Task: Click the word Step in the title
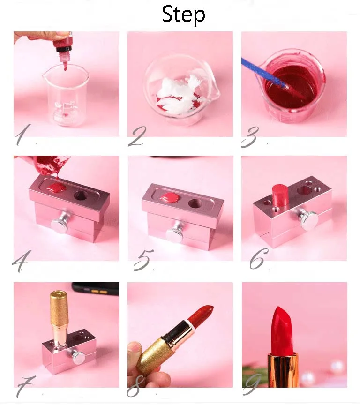coord(183,15)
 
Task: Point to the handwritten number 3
coord(250,137)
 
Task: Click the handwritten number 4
coord(21,261)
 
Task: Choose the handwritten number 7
coord(25,386)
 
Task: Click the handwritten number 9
coord(252,385)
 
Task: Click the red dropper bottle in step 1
coord(63,49)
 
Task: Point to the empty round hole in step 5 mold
coord(195,203)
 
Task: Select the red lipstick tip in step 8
coord(201,315)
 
